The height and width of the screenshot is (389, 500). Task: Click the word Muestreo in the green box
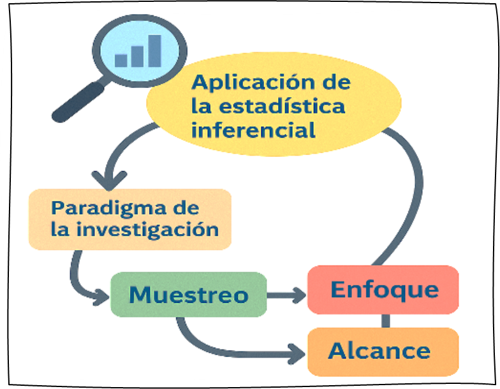(188, 295)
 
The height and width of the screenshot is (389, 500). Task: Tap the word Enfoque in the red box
(384, 290)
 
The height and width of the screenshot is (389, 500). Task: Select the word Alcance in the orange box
(379, 351)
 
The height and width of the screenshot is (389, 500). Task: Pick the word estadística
(285, 106)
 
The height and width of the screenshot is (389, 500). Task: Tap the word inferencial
(254, 130)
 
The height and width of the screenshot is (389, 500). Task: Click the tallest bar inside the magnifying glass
(155, 50)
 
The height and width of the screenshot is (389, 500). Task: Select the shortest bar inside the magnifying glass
(121, 60)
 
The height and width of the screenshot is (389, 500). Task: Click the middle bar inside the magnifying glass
(138, 55)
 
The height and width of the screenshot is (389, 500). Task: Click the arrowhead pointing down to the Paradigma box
(109, 178)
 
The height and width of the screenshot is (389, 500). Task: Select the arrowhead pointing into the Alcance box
(296, 352)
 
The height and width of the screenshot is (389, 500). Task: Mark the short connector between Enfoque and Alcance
(386, 321)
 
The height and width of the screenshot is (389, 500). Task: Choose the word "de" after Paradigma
(185, 208)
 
